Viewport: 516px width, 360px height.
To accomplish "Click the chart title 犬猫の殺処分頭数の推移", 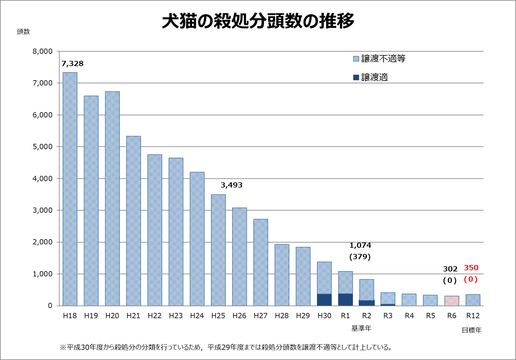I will [x=258, y=21].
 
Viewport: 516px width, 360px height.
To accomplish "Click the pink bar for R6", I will [x=452, y=301].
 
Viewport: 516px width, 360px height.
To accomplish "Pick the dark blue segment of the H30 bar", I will [x=324, y=300].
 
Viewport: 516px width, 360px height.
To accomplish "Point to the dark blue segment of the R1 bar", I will [x=346, y=299].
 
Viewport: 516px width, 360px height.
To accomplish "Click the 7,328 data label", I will [x=72, y=64].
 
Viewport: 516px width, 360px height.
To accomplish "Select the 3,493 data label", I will [x=231, y=185].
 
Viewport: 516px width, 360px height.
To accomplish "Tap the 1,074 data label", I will [x=360, y=245].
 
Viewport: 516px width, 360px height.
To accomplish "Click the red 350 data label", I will [x=471, y=268].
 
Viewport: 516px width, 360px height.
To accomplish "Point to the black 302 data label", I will [x=450, y=269].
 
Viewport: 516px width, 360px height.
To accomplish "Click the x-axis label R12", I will [x=473, y=316].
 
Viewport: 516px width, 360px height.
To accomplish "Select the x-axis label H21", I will [x=133, y=316].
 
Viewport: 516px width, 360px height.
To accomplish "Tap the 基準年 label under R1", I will [x=361, y=328].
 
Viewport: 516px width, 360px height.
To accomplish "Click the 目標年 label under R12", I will [x=472, y=330].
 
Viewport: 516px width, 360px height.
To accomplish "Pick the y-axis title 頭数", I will [x=23, y=32].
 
